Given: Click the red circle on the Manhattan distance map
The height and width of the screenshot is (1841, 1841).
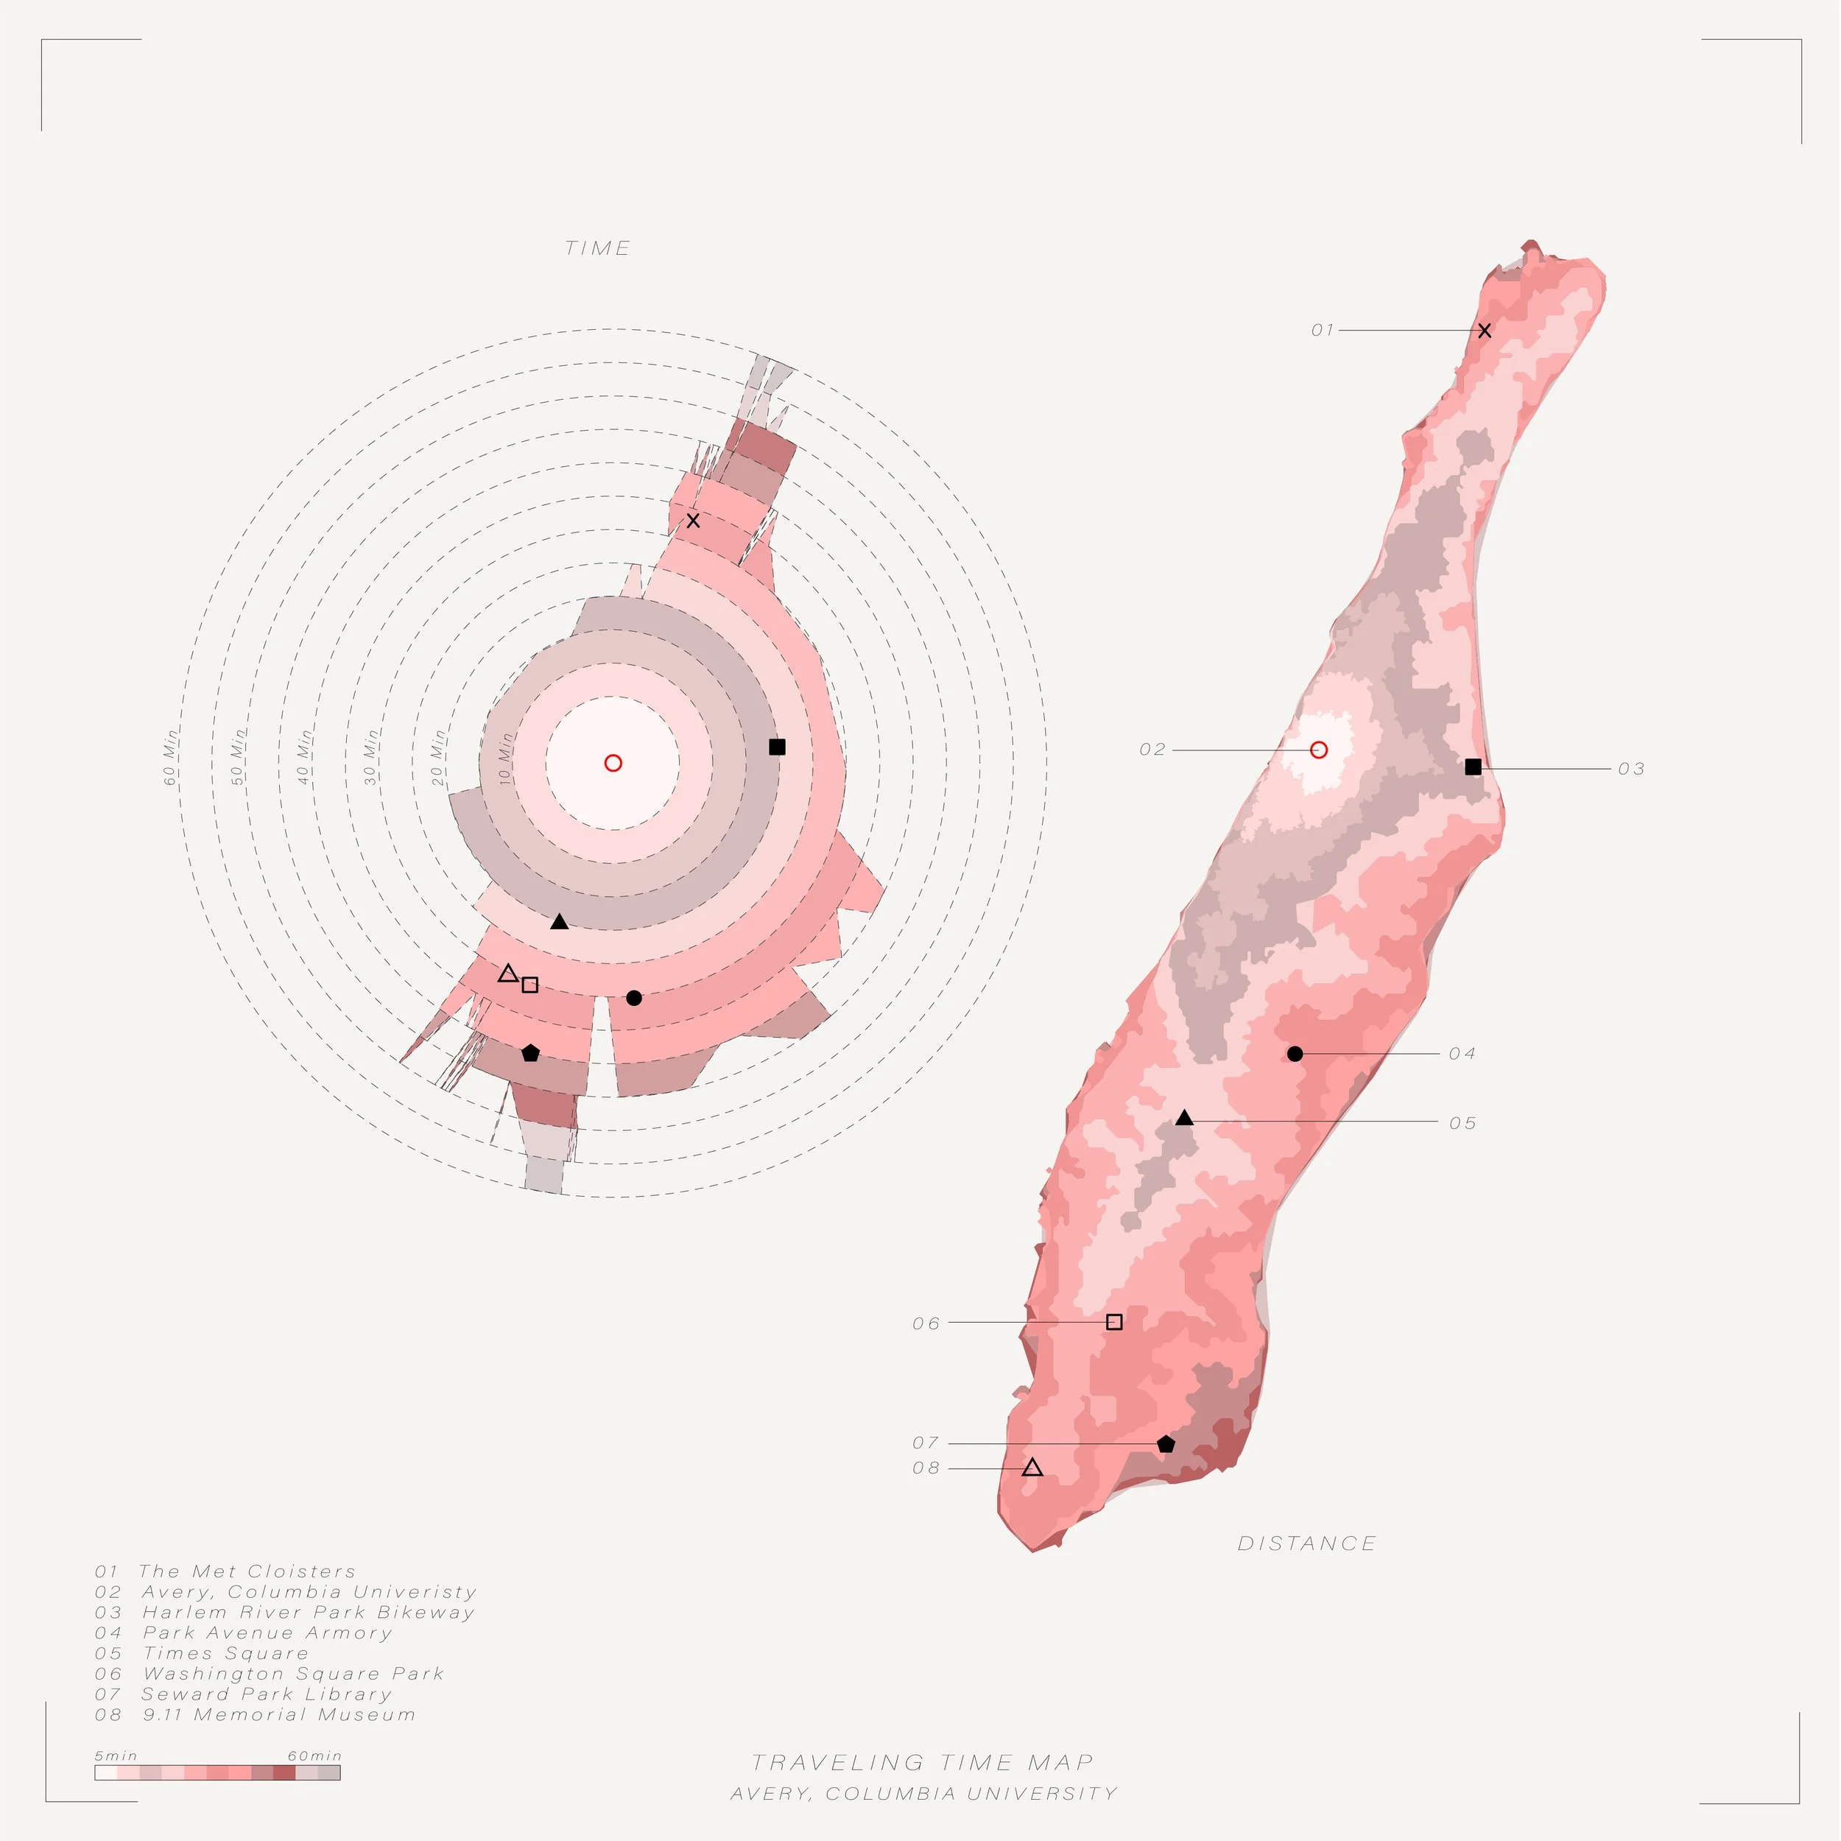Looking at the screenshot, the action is [x=1319, y=750].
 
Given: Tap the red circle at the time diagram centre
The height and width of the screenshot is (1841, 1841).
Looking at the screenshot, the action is [x=613, y=762].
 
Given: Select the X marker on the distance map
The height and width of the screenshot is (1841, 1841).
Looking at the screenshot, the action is [x=1484, y=331].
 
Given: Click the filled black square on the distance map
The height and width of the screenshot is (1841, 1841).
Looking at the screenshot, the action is [x=1474, y=766].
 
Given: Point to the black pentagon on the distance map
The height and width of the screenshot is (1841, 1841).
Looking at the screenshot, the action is [x=1166, y=1443].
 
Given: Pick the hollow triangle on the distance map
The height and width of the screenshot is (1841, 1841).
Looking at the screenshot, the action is [x=1032, y=1468].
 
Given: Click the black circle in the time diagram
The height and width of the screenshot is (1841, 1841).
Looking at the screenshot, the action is [x=634, y=998].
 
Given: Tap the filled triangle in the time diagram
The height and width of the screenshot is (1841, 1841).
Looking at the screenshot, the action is [x=560, y=921].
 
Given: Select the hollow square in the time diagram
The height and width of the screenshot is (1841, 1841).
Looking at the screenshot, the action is [x=529, y=985].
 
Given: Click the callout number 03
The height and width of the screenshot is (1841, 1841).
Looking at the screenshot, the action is [x=1631, y=769].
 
